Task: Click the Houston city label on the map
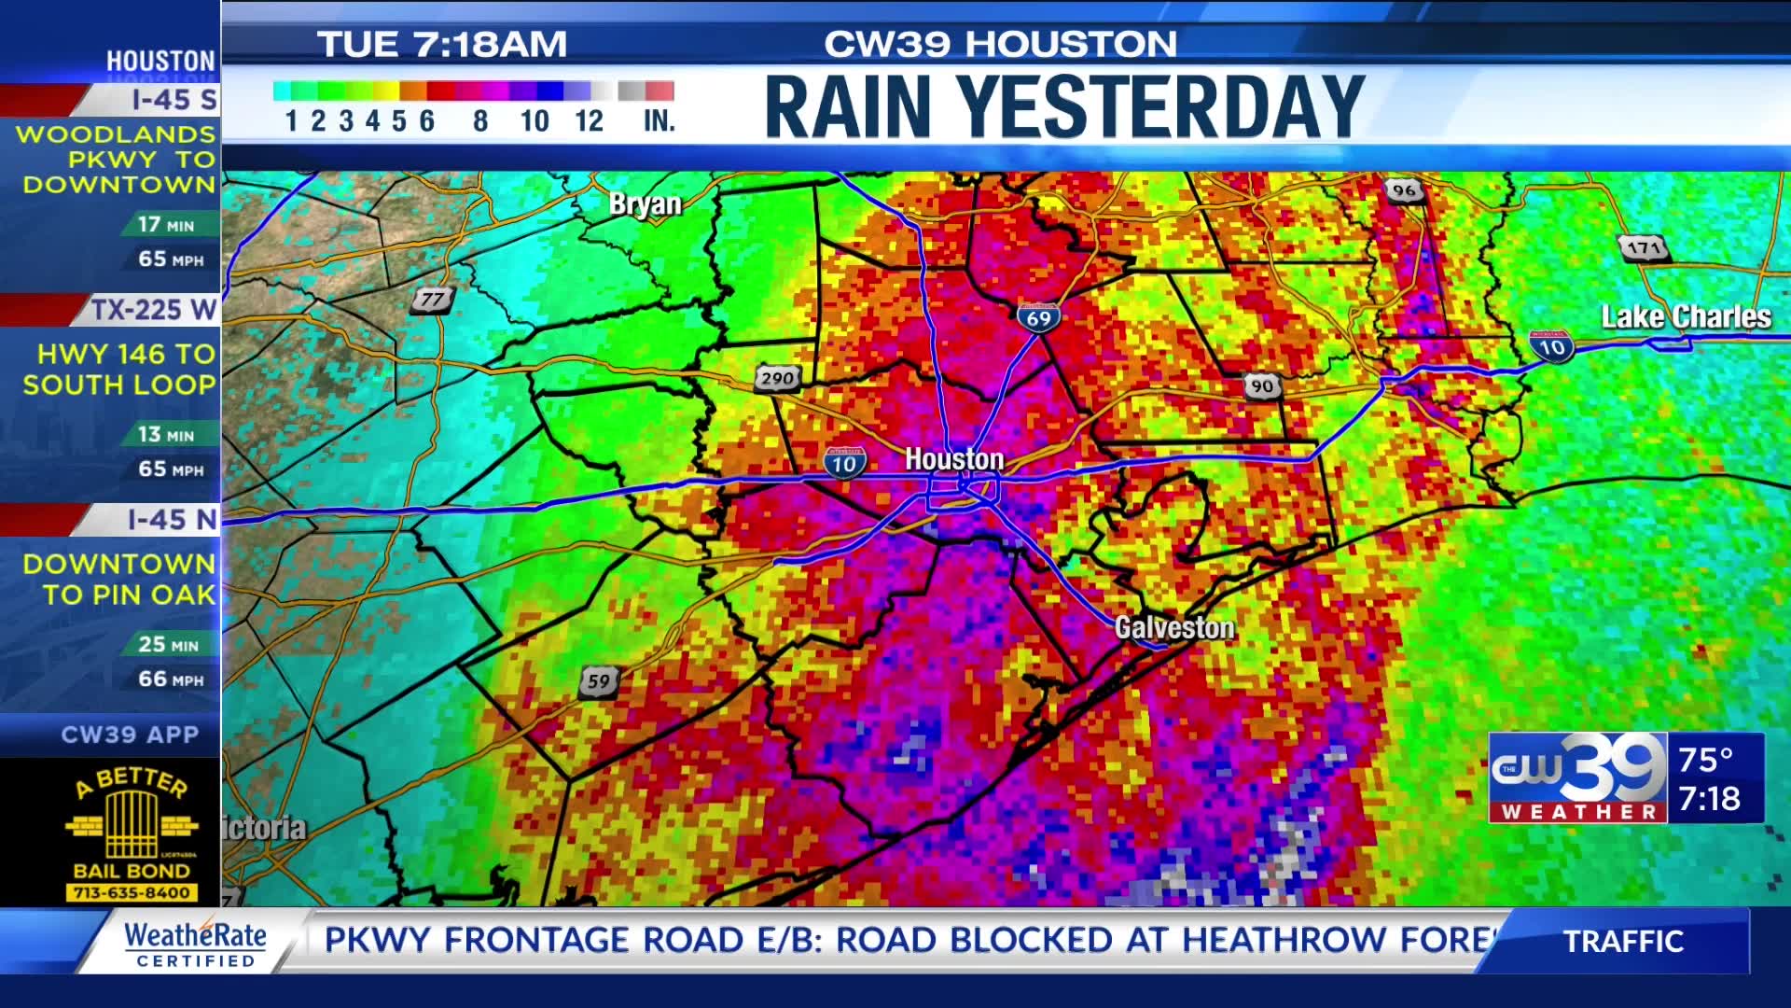[954, 459]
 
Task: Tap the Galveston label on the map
[1174, 628]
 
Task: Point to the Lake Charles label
[1686, 317]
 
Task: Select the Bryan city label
[645, 204]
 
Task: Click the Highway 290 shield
[777, 378]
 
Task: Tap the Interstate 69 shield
[1038, 317]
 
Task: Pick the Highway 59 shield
[598, 681]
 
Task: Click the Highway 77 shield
[432, 300]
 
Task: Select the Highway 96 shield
[1404, 190]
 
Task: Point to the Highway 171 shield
[1644, 247]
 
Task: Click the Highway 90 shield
[1261, 386]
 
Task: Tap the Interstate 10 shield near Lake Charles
[1551, 347]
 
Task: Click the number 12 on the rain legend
[589, 121]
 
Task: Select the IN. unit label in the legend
[659, 121]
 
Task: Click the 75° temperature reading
[1705, 760]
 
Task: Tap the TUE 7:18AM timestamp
[442, 44]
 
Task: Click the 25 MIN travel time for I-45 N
[168, 644]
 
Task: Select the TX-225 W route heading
[153, 310]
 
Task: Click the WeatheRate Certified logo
[195, 943]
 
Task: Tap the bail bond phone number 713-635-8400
[132, 892]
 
